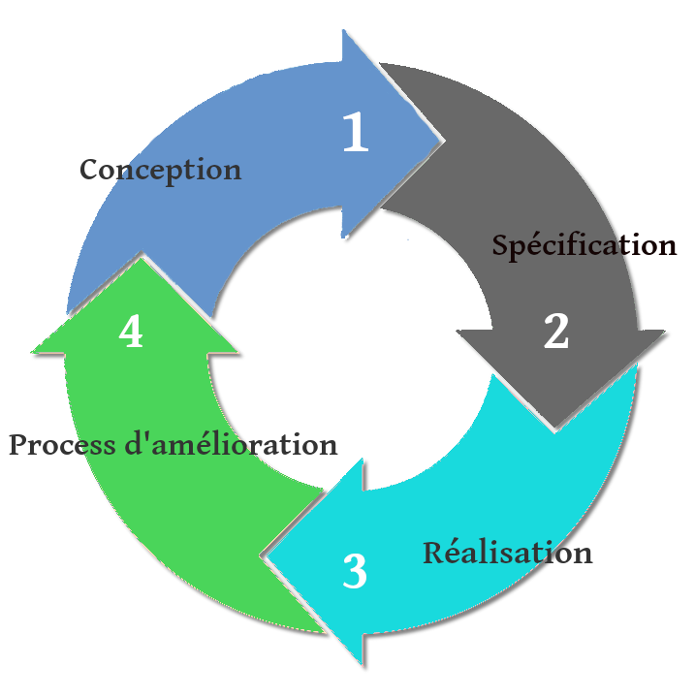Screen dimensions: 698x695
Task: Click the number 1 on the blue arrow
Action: pyautogui.click(x=356, y=134)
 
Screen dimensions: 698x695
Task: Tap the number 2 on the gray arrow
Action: pyautogui.click(x=555, y=332)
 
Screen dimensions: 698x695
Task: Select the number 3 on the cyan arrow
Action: pyautogui.click(x=355, y=572)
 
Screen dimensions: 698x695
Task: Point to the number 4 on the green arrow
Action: pyautogui.click(x=131, y=332)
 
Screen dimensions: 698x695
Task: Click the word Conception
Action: pyautogui.click(x=160, y=170)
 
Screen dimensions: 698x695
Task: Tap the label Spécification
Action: pyautogui.click(x=584, y=245)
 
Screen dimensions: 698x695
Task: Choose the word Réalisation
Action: pyautogui.click(x=507, y=553)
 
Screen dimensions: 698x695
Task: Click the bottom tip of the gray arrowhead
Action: pyautogui.click(x=553, y=429)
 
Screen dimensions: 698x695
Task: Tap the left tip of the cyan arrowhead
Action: pyautogui.click(x=265, y=556)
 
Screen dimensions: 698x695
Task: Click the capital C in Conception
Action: pyautogui.click(x=89, y=170)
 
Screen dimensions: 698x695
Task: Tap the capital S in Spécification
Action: pyautogui.click(x=501, y=245)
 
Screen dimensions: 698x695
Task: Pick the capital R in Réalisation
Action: pyautogui.click(x=433, y=553)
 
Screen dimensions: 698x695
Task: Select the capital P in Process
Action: pyautogui.click(x=19, y=445)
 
